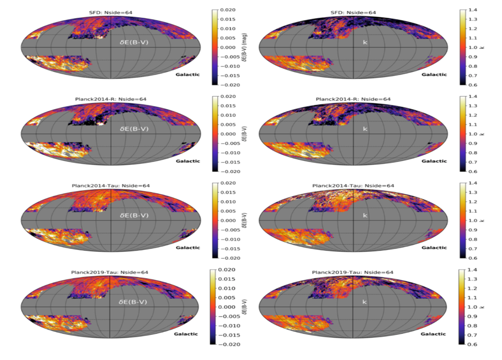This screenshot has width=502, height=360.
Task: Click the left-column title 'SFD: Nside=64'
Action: pyautogui.click(x=111, y=13)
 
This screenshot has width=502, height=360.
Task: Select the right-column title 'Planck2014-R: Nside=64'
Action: pyautogui.click(x=353, y=99)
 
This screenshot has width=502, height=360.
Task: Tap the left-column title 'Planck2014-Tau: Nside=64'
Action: pyautogui.click(x=110, y=186)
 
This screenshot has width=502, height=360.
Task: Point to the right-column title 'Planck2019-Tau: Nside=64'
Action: pyautogui.click(x=353, y=272)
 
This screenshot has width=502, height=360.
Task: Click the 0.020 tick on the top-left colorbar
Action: pyautogui.click(x=229, y=10)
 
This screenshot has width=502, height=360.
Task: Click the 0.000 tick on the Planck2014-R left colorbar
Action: pyautogui.click(x=229, y=134)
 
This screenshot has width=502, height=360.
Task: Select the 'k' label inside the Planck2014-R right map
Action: pyautogui.click(x=365, y=129)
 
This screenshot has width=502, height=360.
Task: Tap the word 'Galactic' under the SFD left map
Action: pyautogui.click(x=188, y=74)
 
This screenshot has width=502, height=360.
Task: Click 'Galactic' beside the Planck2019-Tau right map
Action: pyautogui.click(x=433, y=334)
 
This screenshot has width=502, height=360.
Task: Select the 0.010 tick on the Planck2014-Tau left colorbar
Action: pyautogui.click(x=229, y=202)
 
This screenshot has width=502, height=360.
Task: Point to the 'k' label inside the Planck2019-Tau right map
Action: pyautogui.click(x=365, y=302)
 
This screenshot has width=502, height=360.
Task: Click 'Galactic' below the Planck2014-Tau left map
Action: pyautogui.click(x=188, y=247)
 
